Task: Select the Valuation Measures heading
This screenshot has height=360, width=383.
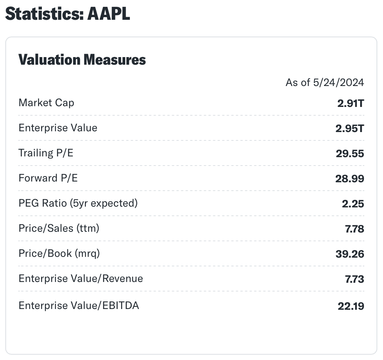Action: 82,60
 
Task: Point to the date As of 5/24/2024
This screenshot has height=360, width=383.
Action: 325,82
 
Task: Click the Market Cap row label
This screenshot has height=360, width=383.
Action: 46,103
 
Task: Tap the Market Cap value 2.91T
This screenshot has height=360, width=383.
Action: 350,104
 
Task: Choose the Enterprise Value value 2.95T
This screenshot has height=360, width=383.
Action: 349,129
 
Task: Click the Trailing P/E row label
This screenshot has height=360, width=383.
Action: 46,153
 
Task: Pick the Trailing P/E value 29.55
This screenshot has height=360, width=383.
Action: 349,154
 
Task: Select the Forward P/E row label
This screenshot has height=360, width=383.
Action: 48,178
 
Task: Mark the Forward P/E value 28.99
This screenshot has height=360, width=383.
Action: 349,179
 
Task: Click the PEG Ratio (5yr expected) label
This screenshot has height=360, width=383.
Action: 78,203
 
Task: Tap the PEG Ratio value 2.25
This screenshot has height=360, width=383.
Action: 353,204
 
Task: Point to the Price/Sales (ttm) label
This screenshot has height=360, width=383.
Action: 59,228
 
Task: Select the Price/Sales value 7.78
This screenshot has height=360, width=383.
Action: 354,229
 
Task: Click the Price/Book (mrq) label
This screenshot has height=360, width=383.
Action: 59,253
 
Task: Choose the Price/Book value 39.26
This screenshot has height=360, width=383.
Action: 349,254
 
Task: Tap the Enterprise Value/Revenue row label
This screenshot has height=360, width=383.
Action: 81,279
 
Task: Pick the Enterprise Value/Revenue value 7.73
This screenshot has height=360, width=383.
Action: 354,279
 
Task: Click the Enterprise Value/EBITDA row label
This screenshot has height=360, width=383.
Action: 79,305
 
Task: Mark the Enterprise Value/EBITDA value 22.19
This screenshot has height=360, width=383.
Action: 351,306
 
